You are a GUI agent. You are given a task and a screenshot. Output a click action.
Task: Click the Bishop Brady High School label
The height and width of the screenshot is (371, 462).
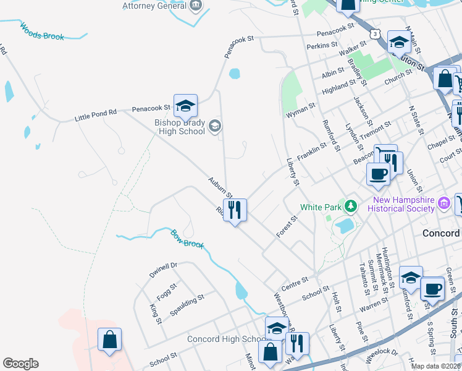179,126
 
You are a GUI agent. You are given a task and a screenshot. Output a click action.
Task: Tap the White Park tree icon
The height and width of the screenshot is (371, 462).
351,205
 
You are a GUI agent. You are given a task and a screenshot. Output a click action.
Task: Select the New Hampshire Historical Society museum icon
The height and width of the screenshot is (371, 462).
443,203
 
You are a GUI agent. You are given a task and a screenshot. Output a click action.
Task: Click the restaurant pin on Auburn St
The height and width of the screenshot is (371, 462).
235,210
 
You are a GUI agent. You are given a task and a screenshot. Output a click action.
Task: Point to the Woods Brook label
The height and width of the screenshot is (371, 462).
42,32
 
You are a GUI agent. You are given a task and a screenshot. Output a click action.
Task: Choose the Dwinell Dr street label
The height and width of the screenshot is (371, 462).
163,270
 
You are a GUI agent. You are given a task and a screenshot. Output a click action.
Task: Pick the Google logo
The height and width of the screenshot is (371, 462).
20,364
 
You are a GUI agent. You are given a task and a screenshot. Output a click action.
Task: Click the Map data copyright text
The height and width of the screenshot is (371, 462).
435,366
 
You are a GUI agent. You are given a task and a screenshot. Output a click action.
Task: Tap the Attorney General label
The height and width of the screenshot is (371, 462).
154,6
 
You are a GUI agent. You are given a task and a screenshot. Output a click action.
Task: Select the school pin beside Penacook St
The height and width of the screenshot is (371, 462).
185,106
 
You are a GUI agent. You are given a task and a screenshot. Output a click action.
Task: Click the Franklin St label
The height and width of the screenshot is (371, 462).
311,151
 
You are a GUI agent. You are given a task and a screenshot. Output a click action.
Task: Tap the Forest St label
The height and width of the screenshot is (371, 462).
287,226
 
